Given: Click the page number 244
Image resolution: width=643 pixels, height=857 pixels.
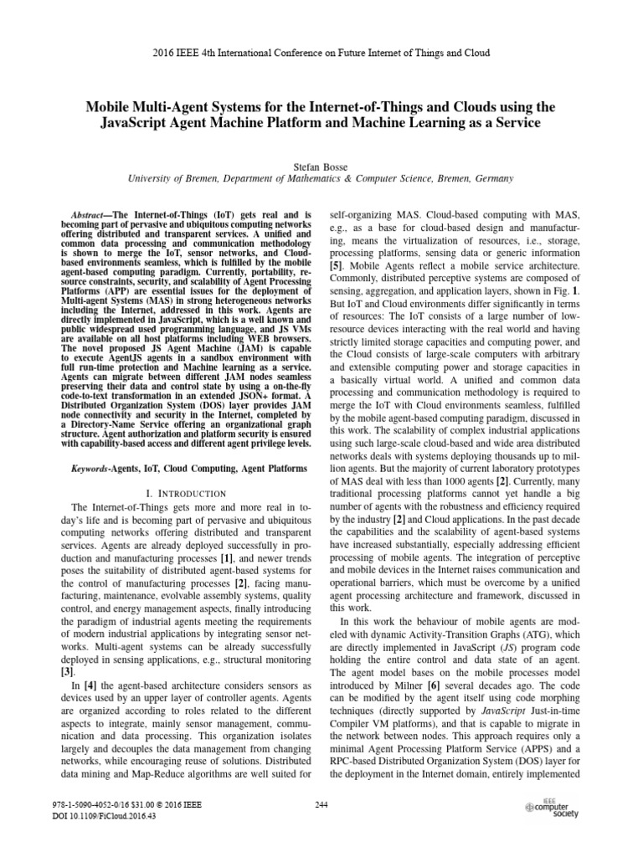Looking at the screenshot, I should tap(321, 804).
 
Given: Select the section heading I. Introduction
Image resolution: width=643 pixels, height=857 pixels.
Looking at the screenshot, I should tap(180, 495).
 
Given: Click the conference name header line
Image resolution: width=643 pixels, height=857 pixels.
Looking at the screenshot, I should tap(321, 52).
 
